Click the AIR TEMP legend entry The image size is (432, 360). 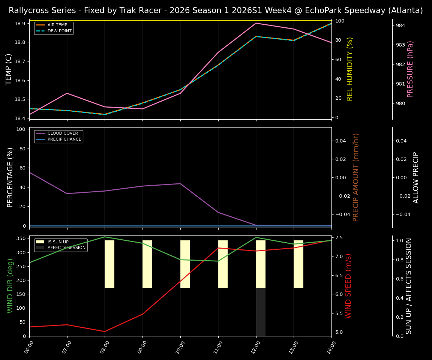(57, 25)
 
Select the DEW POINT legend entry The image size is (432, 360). (59, 31)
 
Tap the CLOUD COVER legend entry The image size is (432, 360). (63, 133)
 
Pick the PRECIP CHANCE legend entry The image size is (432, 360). (64, 139)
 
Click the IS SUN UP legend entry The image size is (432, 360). (58, 242)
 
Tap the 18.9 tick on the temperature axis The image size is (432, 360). (19, 23)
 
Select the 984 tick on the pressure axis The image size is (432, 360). (400, 25)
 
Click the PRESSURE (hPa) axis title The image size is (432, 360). (410, 69)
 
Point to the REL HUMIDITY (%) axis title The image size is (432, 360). (350, 69)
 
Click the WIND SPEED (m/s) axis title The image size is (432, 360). (349, 286)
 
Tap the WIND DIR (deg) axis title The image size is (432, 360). (10, 286)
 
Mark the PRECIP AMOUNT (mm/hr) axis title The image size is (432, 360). (356, 177)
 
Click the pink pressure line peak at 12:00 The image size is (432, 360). (256, 23)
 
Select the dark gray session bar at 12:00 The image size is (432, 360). (261, 312)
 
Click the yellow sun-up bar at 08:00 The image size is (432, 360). (109, 264)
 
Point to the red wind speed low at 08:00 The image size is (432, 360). (105, 331)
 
